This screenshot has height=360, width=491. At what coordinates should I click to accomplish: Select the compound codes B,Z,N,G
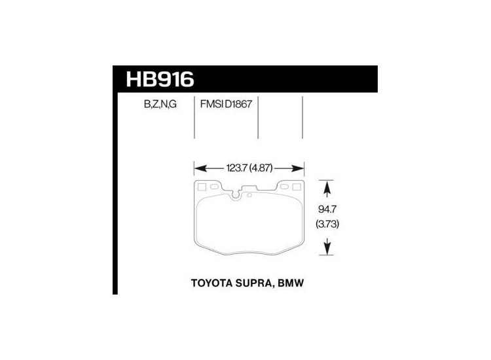tap(153, 103)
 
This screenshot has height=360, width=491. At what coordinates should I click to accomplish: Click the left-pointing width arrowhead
tap(199, 167)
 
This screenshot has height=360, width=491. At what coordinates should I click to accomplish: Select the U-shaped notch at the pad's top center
tap(237, 194)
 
